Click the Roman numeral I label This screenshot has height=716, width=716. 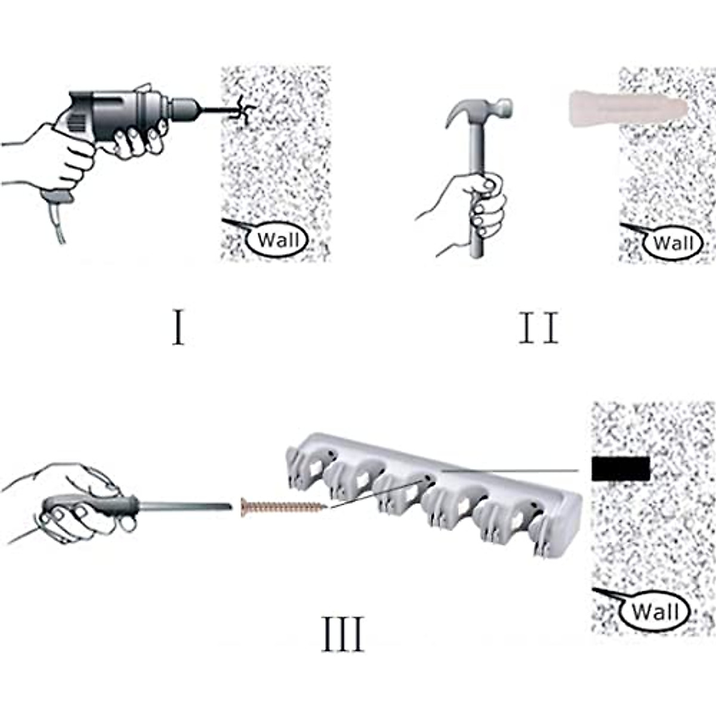pos(178,328)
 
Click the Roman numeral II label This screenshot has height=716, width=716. pos(538,328)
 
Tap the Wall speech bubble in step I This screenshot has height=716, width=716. pos(277,240)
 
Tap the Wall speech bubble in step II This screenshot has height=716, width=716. pos(672,243)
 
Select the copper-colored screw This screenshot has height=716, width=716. pos(284,506)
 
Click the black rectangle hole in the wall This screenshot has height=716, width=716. pos(621,470)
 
